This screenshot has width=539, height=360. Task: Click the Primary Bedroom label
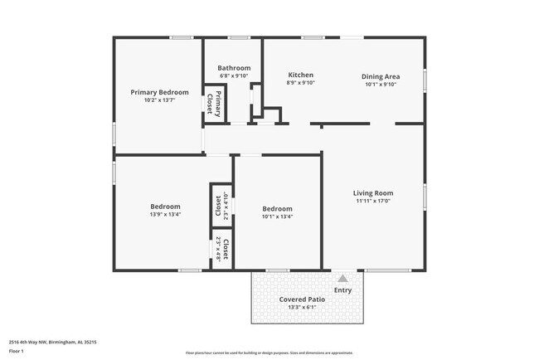pos(160,92)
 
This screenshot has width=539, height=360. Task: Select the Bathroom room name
pos(234,68)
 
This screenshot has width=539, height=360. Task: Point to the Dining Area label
pos(380,76)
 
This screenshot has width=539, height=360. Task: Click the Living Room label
pos(373,192)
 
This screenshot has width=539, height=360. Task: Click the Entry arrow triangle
pos(342,278)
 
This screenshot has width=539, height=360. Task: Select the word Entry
pos(342,290)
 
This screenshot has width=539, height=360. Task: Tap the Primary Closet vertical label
pos(214,105)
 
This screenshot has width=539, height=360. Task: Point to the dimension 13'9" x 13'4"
pos(165,216)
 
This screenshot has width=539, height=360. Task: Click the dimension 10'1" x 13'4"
pos(277,216)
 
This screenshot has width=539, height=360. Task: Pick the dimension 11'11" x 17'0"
pos(373,201)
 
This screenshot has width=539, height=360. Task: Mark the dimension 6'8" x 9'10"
pos(234,76)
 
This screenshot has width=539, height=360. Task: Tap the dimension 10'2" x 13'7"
pos(160,100)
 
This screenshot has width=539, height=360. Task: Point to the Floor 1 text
pos(17,351)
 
